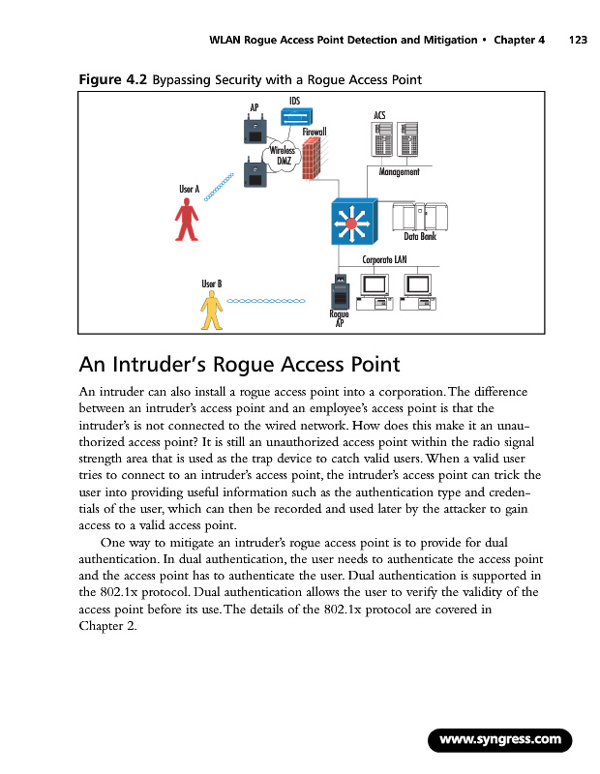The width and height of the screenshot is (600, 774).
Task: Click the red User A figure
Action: pyautogui.click(x=187, y=221)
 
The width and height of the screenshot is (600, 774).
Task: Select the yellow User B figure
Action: pyautogui.click(x=211, y=312)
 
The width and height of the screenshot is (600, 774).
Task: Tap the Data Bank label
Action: pyautogui.click(x=420, y=236)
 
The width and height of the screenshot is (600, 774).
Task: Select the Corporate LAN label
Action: pyautogui.click(x=384, y=259)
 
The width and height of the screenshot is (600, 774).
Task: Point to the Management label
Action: pyautogui.click(x=398, y=172)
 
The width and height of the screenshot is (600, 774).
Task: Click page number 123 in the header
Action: pyautogui.click(x=578, y=41)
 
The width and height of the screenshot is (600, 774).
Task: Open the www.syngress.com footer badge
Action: pyautogui.click(x=499, y=740)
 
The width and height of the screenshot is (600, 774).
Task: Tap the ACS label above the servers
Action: pyautogui.click(x=379, y=115)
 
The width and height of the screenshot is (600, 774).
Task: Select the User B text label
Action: pyautogui.click(x=212, y=283)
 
